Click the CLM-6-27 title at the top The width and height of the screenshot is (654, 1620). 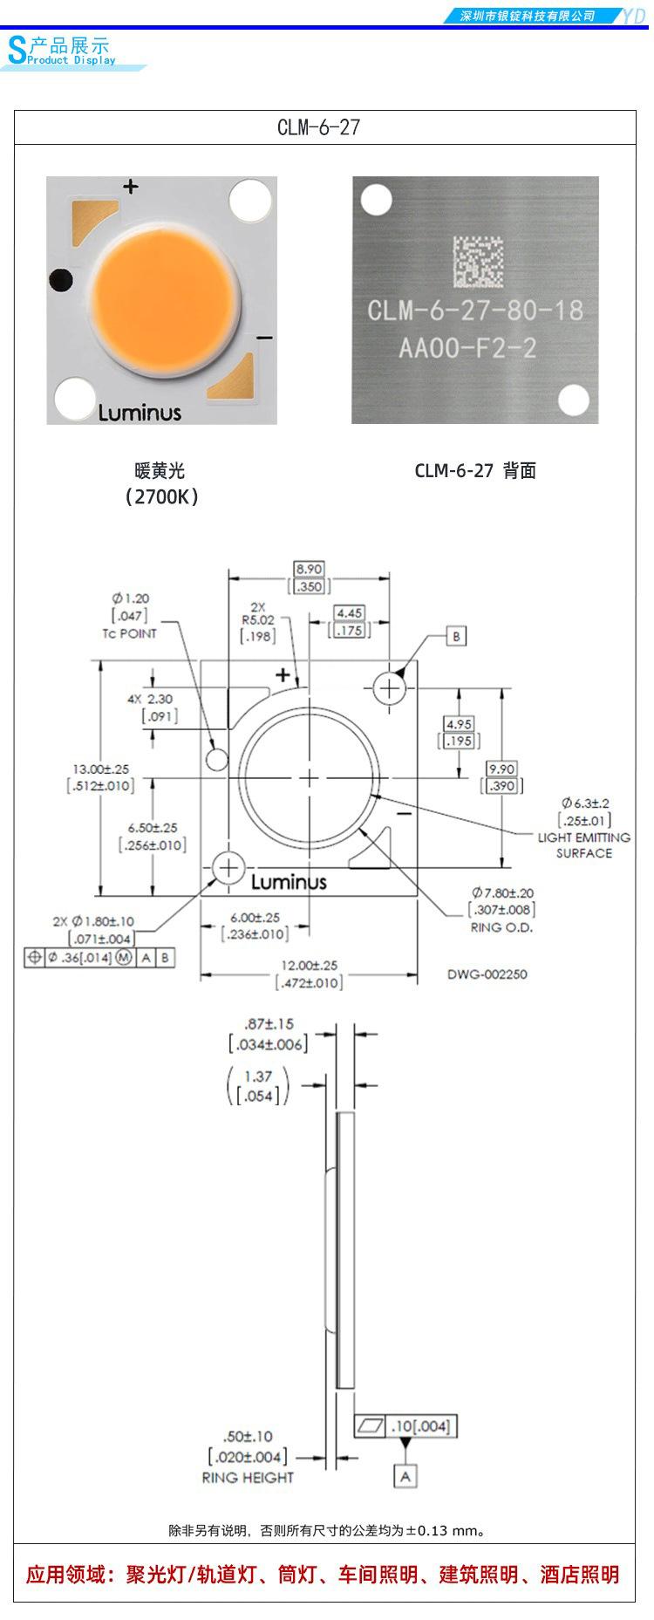[318, 127]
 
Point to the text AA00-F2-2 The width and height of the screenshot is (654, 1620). [467, 349]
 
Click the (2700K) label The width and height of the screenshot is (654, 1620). [161, 496]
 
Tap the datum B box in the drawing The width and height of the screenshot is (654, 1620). [456, 636]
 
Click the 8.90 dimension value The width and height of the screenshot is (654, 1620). [310, 569]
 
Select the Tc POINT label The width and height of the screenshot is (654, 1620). [129, 633]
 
